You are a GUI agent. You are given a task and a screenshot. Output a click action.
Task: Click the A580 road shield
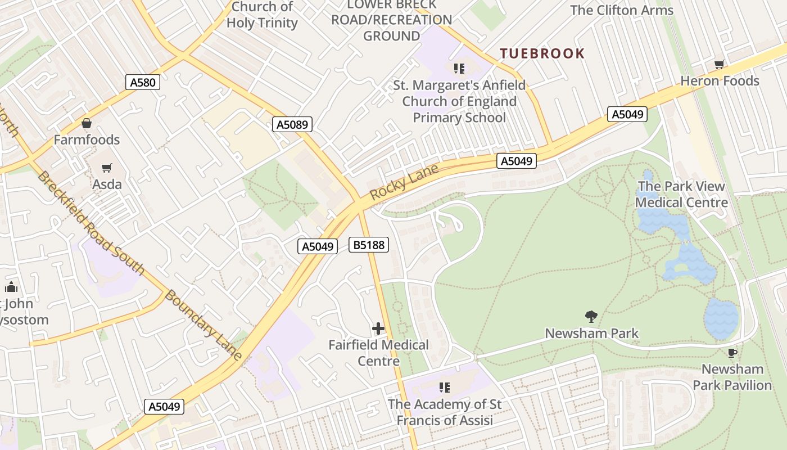142,83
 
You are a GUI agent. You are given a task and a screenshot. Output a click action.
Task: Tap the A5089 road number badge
292,124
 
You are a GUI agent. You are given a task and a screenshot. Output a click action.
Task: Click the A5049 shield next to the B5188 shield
318,246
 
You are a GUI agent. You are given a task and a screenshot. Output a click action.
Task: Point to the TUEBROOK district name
542,54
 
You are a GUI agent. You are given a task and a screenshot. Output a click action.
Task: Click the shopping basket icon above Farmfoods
87,123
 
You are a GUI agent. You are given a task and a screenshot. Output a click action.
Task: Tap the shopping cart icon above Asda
107,168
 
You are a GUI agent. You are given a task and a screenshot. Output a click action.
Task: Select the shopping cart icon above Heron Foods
719,65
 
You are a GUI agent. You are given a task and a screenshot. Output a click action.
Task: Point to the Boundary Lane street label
204,325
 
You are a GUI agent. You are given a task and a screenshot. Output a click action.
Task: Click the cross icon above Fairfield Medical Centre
378,328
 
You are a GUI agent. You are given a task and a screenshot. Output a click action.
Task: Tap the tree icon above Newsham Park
591,317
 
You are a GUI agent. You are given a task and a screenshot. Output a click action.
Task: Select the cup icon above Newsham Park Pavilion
732,353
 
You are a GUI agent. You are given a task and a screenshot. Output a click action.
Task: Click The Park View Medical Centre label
681,194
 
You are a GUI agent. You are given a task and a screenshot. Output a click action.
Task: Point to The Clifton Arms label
621,10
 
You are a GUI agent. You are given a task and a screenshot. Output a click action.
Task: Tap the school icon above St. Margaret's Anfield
459,69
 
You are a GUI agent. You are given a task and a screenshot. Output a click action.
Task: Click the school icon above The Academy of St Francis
445,388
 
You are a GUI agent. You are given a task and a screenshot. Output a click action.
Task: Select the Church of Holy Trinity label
262,15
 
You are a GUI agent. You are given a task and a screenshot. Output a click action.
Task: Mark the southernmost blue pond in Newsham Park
721,318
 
